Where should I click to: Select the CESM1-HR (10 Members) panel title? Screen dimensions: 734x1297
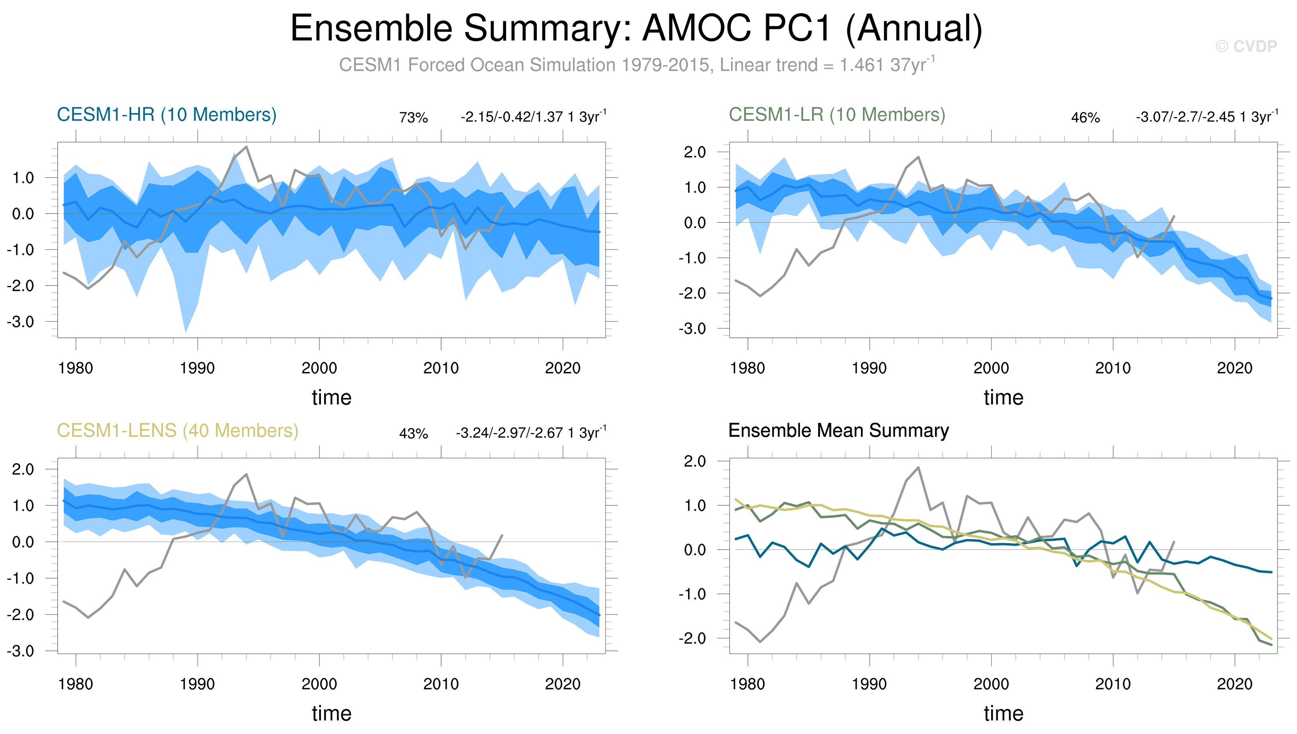[166, 115]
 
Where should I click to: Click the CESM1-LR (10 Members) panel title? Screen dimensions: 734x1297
[837, 115]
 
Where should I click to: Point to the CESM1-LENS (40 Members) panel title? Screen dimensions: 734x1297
[178, 431]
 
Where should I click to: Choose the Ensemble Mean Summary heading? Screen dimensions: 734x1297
[838, 431]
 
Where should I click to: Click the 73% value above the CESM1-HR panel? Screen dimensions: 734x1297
[413, 118]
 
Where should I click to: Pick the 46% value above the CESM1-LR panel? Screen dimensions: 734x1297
[1085, 118]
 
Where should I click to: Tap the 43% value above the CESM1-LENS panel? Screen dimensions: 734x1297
[413, 434]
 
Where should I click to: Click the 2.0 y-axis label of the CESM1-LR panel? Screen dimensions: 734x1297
[694, 152]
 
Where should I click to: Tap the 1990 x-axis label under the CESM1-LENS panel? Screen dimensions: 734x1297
[197, 684]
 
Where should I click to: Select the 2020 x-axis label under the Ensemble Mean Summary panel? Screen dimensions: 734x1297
[1234, 684]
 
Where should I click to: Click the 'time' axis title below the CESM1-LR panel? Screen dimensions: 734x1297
[1003, 398]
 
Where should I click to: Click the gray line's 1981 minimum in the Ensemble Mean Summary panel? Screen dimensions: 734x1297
[760, 642]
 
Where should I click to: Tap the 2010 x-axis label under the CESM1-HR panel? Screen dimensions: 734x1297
[441, 368]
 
